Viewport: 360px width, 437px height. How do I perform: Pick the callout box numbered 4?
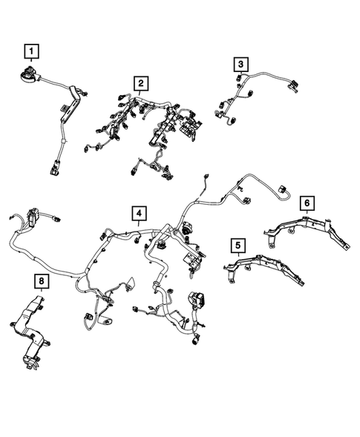[x=139, y=214]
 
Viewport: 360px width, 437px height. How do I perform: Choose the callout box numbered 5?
[x=237, y=245]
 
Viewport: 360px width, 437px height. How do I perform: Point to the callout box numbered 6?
[x=306, y=202]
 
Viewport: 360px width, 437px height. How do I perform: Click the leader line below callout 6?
[x=306, y=212]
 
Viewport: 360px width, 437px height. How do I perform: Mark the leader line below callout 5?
[x=237, y=256]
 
